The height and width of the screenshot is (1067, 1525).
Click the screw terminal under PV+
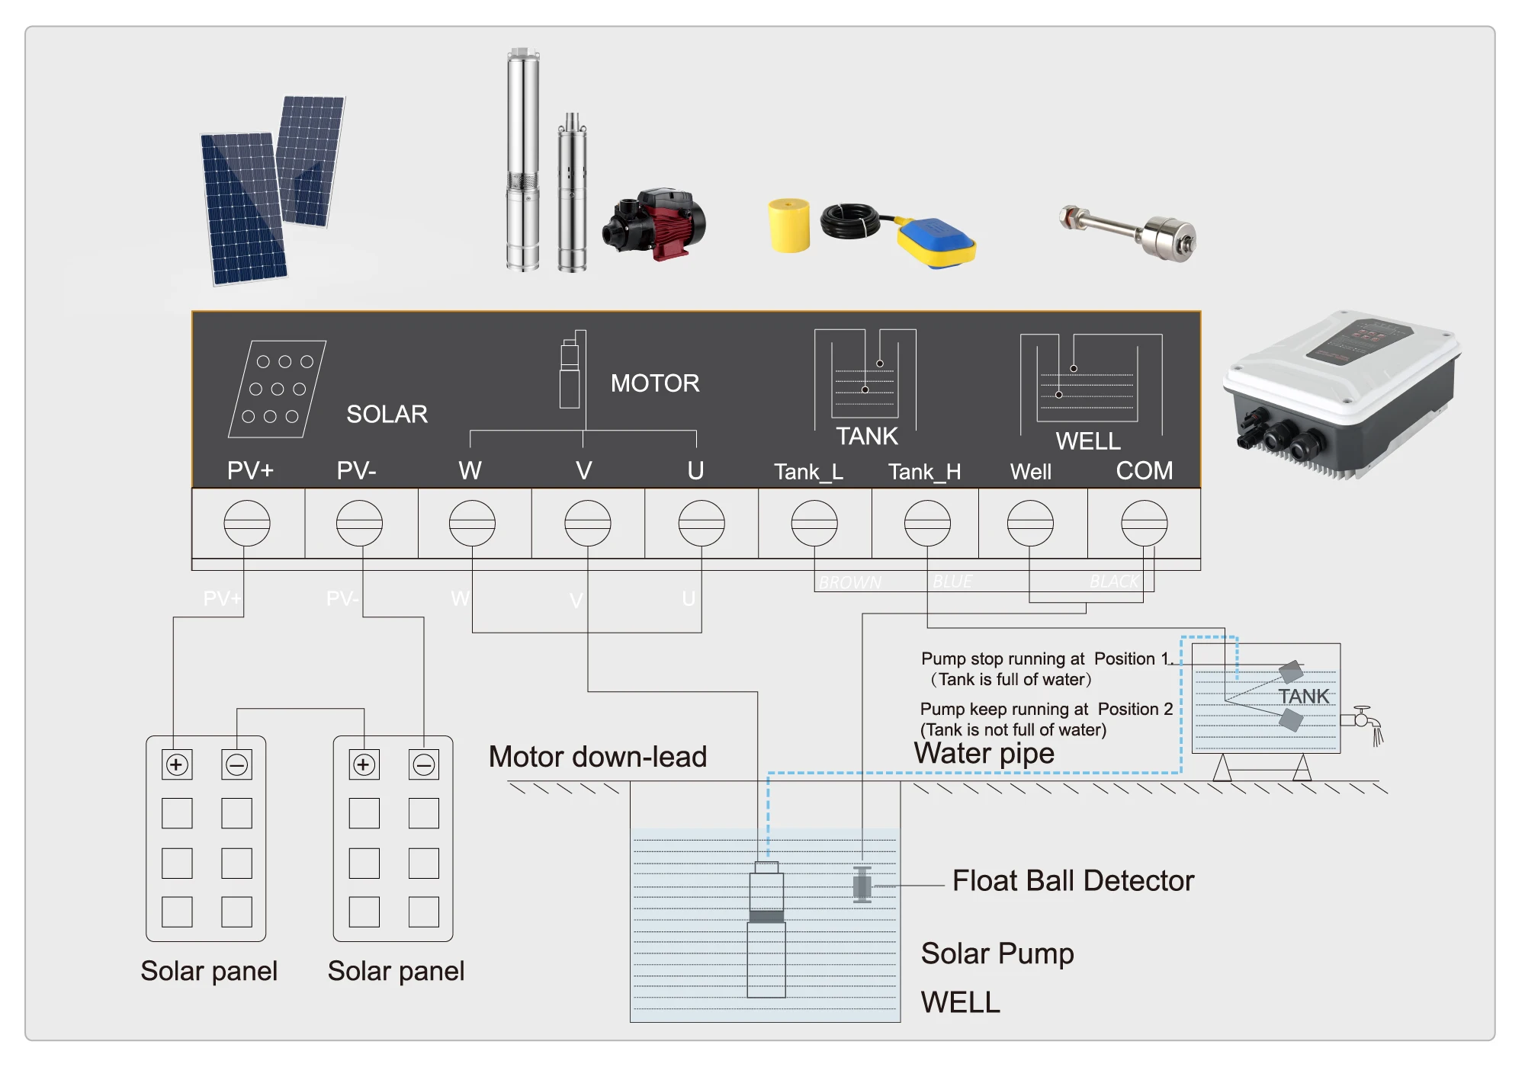[246, 523]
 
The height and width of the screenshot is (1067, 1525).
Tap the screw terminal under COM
[1144, 523]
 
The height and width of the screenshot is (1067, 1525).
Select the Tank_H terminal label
[924, 472]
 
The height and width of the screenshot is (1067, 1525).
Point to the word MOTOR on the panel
[655, 383]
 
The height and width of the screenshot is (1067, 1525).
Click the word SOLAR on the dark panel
[387, 414]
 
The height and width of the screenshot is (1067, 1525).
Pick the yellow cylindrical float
[788, 225]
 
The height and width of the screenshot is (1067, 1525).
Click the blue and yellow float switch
[936, 242]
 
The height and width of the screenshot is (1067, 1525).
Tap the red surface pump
[656, 223]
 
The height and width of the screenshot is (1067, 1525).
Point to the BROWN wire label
[849, 582]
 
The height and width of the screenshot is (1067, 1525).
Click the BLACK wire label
[1113, 582]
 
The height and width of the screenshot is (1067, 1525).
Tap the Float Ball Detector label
[1072, 880]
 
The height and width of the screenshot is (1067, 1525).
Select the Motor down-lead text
[597, 756]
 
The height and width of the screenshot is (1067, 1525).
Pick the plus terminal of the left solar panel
[177, 764]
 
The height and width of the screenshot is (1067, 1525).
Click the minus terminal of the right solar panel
[424, 764]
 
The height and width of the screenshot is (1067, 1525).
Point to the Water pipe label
[984, 753]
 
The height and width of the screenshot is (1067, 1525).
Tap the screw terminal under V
[587, 523]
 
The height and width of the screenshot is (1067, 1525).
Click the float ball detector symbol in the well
[862, 885]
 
